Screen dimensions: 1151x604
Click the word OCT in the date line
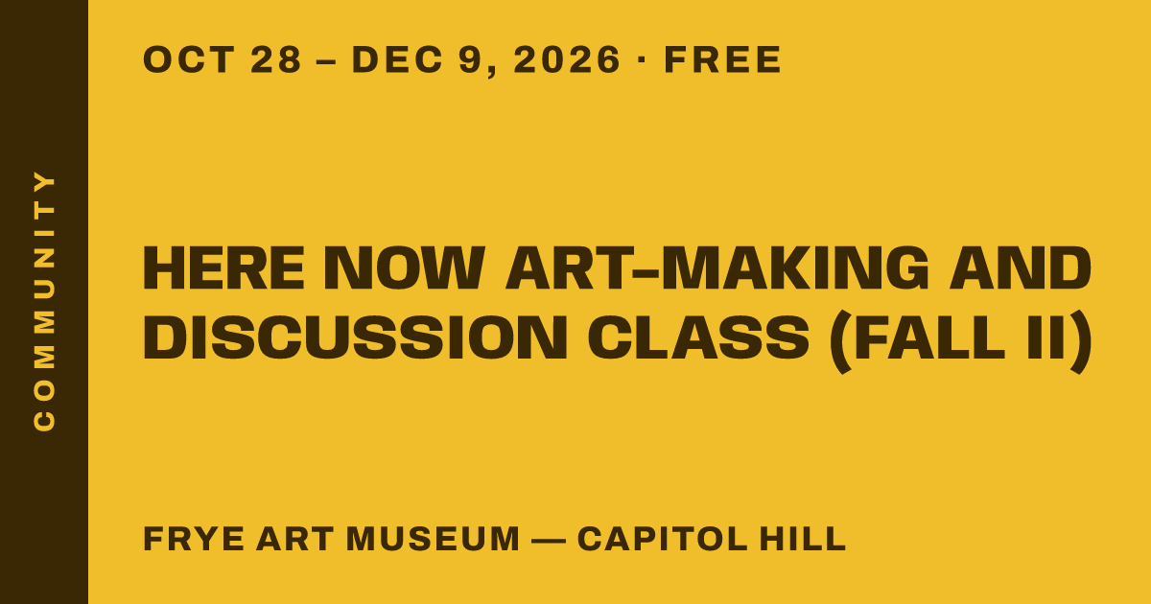[189, 59]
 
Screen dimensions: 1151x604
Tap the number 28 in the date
[276, 59]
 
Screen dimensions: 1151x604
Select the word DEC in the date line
[397, 59]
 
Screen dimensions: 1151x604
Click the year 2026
[567, 59]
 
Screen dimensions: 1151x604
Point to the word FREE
[722, 59]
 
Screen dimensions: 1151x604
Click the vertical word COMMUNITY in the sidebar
[44, 300]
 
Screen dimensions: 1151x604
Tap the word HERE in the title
[223, 268]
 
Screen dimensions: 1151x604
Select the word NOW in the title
[405, 268]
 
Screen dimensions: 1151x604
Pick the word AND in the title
[1020, 268]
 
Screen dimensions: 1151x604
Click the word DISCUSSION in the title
[355, 337]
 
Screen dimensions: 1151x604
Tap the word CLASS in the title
[699, 337]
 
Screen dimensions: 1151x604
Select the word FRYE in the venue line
[194, 539]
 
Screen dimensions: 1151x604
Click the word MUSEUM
[434, 539]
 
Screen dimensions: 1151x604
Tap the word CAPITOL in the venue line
[663, 539]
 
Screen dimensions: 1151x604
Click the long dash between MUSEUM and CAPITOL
[549, 541]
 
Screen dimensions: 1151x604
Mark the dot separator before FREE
[642, 60]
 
